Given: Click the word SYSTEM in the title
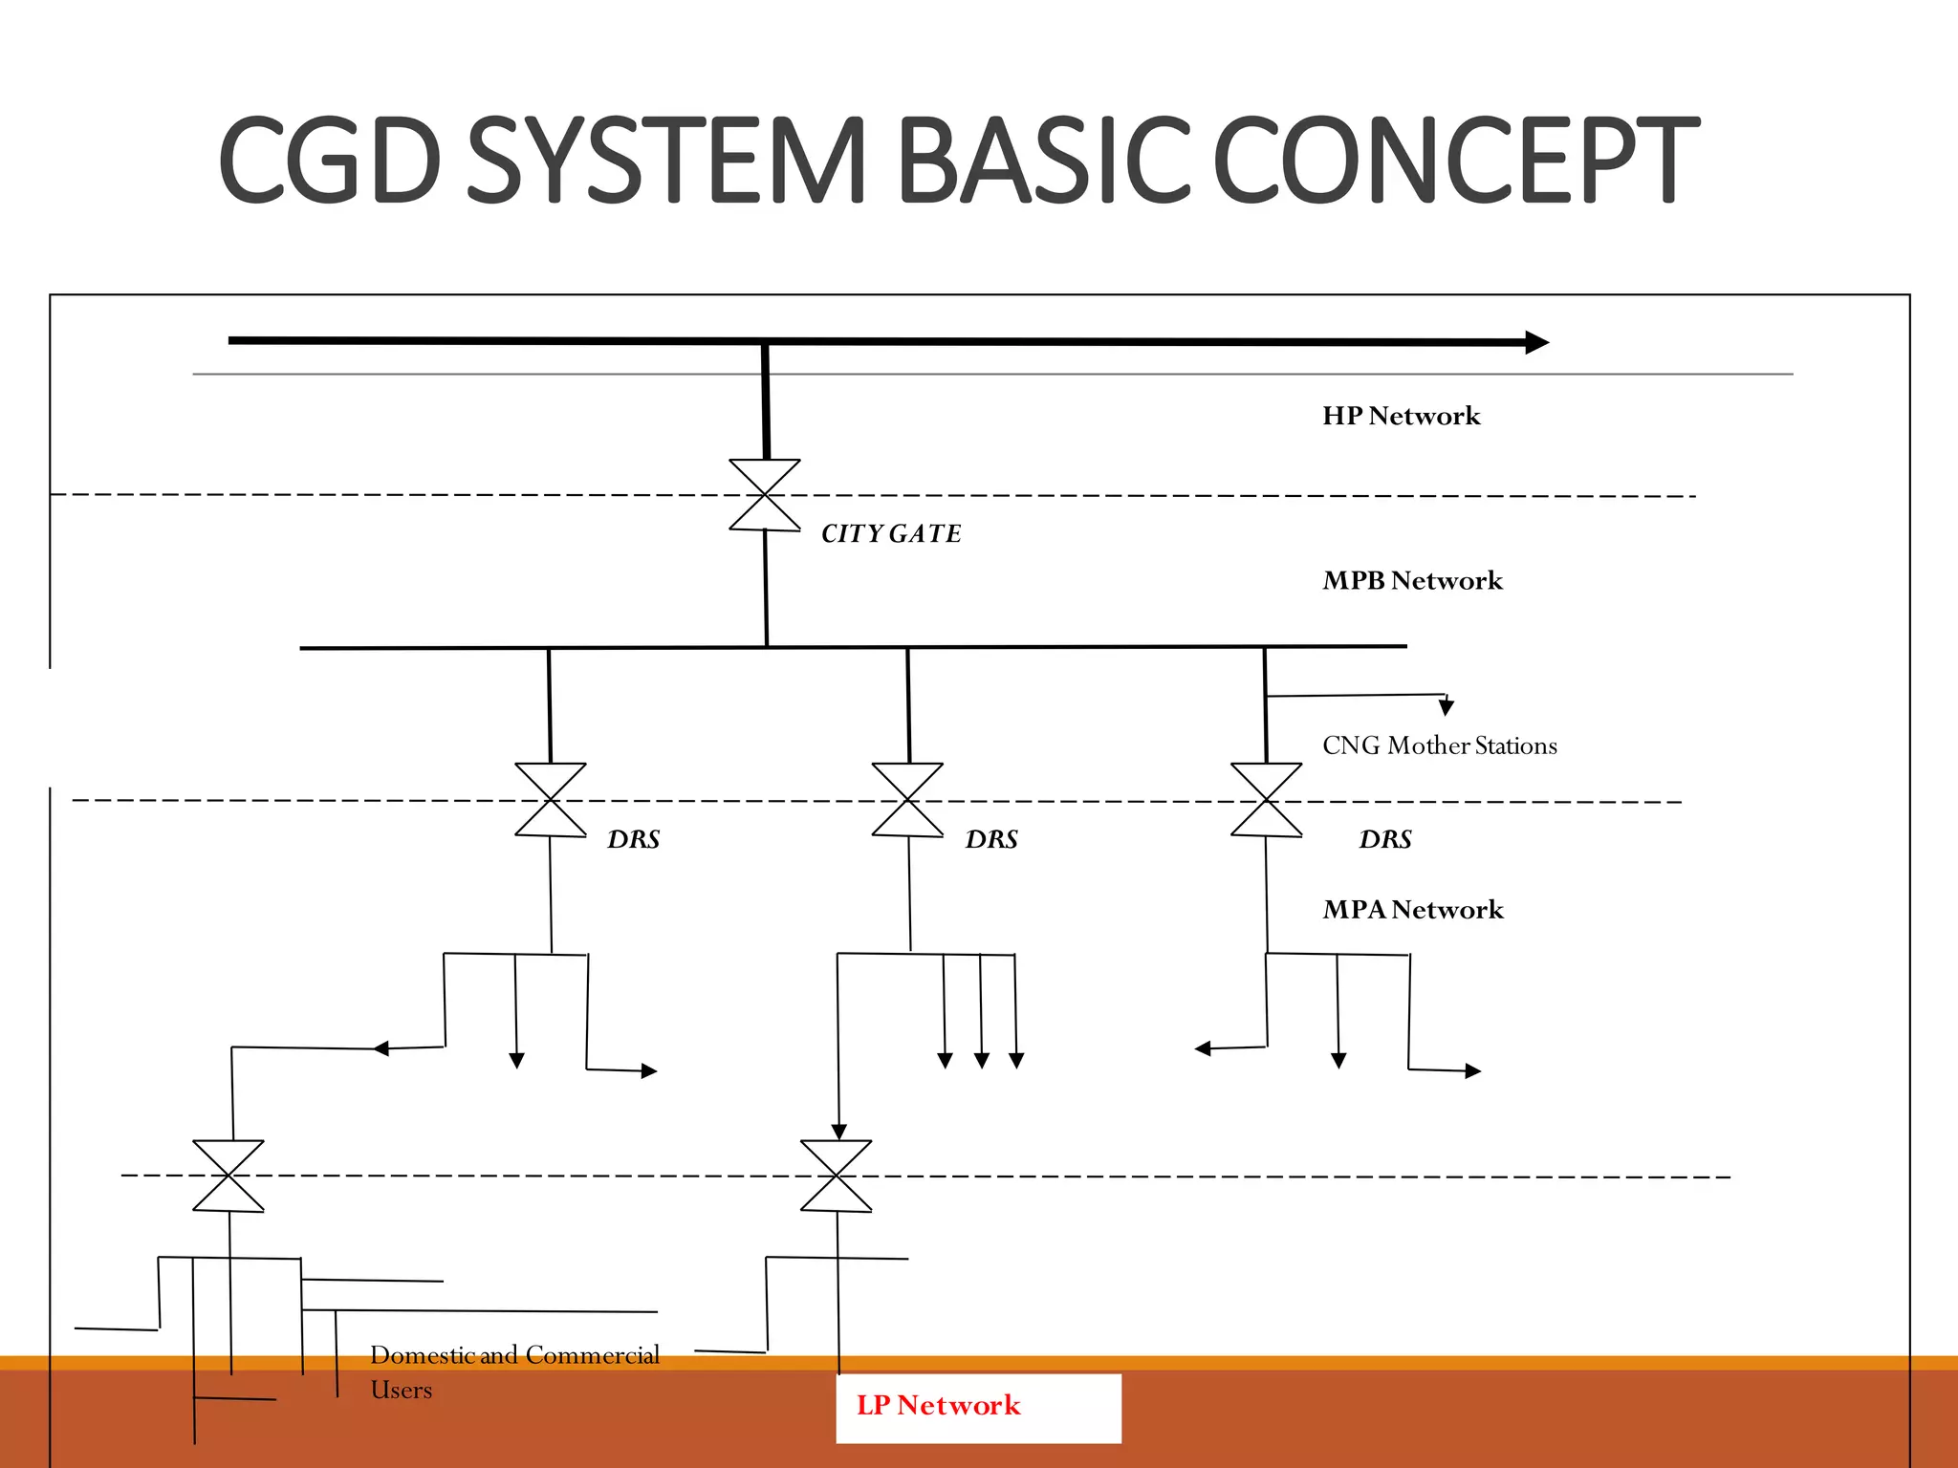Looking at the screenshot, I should point(665,161).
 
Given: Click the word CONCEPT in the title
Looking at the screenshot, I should point(1455,161).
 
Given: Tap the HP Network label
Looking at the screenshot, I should point(1401,416).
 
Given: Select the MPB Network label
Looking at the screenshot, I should point(1412,580).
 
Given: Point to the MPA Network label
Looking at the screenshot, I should point(1412,909).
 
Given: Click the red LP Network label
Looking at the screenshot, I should point(938,1405).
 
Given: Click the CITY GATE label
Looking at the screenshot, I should point(891,533).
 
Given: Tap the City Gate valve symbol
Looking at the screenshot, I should point(765,495).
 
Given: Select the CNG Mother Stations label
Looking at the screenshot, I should point(1439,745).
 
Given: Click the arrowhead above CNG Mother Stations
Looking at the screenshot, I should point(1447,707).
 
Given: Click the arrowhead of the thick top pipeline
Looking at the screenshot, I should point(1536,342).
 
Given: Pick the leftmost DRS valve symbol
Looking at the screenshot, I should point(551,800).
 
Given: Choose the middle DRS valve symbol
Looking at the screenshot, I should point(907,800).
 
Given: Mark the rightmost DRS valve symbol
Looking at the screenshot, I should point(1267,800).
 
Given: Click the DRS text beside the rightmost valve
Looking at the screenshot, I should point(1385,839).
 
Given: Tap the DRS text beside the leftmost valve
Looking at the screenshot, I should point(634,839).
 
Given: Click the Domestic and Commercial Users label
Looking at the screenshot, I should point(514,1371).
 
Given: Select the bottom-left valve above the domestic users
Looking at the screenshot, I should point(228,1176).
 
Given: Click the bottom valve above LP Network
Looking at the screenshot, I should point(837,1176).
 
